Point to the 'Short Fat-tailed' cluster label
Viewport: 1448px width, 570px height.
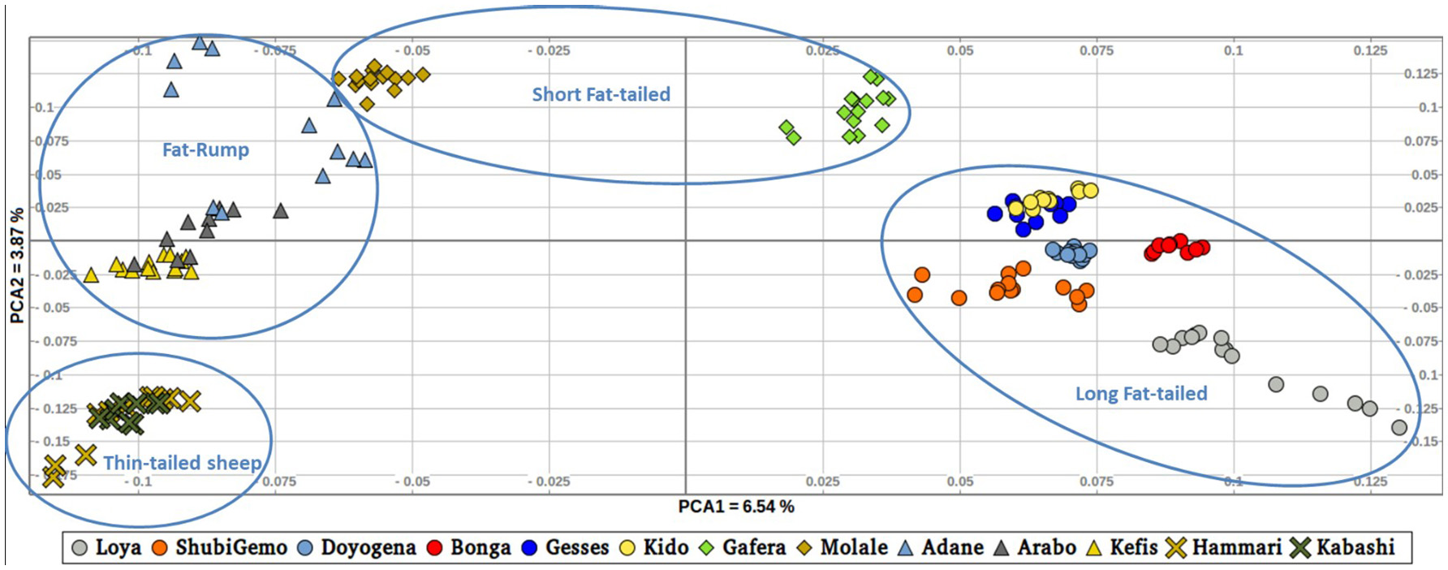[x=601, y=94]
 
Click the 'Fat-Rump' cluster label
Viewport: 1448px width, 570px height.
[x=205, y=149]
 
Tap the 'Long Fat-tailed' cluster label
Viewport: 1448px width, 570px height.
[x=1141, y=394]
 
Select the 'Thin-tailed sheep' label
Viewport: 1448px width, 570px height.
[x=182, y=463]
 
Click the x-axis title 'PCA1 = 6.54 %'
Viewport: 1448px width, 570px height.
[x=736, y=507]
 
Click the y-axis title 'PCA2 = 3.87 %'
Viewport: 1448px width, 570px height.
[x=16, y=266]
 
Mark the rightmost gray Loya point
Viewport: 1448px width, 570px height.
[x=1398, y=427]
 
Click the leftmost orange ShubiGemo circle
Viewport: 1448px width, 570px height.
[x=915, y=295]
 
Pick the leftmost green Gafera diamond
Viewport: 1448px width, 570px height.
[x=786, y=127]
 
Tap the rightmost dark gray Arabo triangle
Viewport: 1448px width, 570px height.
[x=281, y=211]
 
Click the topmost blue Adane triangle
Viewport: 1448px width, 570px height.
[x=199, y=42]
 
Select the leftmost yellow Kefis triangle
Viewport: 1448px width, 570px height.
[x=91, y=275]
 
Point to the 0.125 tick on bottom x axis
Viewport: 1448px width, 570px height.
[x=1370, y=481]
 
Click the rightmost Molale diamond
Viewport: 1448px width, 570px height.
[x=422, y=75]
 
